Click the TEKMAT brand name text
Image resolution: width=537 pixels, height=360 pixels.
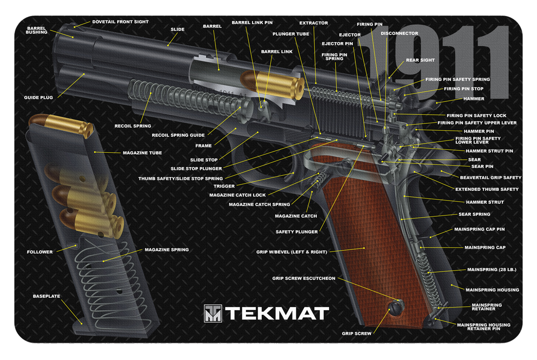click(277, 313)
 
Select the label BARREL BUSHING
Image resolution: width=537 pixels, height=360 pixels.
click(37, 29)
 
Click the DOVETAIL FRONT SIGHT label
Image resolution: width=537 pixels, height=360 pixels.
click(120, 22)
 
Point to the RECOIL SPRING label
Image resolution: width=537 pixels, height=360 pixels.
click(133, 126)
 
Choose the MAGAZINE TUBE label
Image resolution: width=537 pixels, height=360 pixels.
click(142, 153)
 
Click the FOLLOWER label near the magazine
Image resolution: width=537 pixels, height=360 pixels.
click(40, 252)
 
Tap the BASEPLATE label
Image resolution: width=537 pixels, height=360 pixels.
click(46, 296)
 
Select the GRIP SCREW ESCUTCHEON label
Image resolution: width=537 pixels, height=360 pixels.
click(303, 278)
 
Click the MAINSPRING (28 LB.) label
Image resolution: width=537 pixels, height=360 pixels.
click(491, 269)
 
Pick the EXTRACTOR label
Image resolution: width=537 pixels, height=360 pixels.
click(313, 23)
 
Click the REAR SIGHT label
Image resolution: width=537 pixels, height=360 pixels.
click(420, 60)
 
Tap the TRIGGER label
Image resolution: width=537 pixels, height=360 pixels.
click(224, 186)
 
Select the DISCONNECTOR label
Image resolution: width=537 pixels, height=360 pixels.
click(399, 33)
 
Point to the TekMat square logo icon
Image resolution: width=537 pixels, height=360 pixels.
click(212, 313)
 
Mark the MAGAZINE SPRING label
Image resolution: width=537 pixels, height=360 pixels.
click(166, 249)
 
